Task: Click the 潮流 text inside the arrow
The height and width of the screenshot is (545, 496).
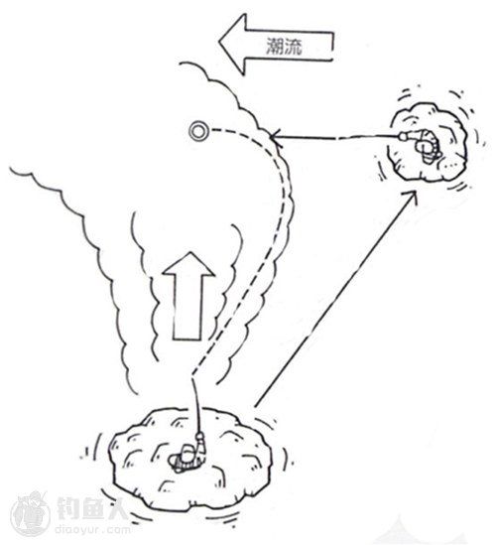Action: point(284,46)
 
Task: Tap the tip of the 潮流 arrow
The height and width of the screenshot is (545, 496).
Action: point(219,42)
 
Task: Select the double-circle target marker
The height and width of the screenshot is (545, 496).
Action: point(198,132)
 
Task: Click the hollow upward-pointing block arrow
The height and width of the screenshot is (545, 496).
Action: point(187,296)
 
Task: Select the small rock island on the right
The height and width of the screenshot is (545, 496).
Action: point(430,142)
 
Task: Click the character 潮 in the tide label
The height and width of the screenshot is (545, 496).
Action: point(275,46)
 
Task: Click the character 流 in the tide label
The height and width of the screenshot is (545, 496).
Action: point(294,46)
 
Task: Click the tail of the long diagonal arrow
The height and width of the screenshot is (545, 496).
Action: point(255,406)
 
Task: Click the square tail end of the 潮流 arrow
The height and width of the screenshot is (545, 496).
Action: point(332,47)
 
